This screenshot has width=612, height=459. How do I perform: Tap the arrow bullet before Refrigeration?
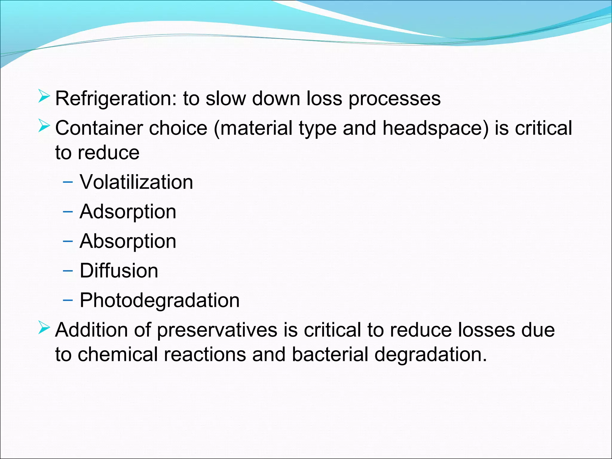point(44,96)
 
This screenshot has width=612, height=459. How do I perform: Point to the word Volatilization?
point(136,182)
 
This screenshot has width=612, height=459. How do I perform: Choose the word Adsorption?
point(128,212)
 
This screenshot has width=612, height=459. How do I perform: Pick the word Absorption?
point(128,241)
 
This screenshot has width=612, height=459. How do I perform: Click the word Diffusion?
point(119,271)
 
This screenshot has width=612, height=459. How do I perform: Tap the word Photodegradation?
point(160,301)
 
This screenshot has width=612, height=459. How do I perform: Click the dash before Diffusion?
point(68,271)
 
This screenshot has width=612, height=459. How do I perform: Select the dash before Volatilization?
point(68,182)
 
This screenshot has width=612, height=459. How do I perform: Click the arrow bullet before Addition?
point(44,328)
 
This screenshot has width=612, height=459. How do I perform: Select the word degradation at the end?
point(430,355)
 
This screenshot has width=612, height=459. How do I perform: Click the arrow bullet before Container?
point(44,126)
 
